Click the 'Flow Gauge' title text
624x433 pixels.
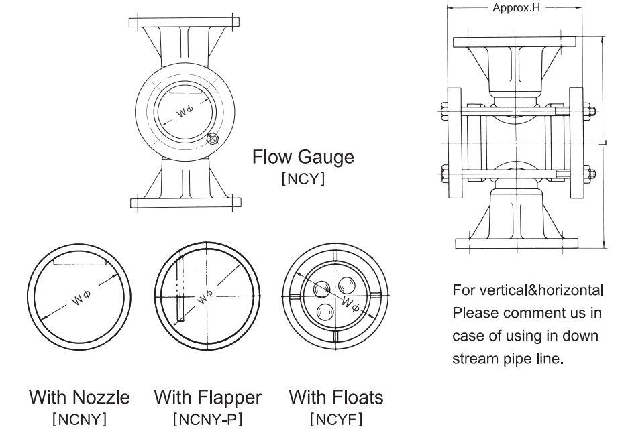[x=303, y=157]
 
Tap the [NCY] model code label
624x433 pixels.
[x=303, y=178]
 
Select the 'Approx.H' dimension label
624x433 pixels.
[x=516, y=8]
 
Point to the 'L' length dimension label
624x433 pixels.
[x=603, y=143]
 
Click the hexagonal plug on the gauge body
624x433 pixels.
[x=213, y=139]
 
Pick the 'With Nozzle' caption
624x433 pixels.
[x=79, y=397]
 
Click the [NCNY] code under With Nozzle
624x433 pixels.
[x=79, y=419]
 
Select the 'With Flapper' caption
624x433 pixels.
[x=208, y=397]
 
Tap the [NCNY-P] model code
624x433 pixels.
[x=208, y=419]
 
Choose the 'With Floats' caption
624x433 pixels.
[x=336, y=397]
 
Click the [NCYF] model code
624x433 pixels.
[x=336, y=419]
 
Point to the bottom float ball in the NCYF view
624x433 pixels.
[x=325, y=311]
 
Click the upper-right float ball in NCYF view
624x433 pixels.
[x=347, y=286]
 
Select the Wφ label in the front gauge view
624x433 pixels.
[x=185, y=111]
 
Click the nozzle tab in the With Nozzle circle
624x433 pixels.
[x=80, y=261]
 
